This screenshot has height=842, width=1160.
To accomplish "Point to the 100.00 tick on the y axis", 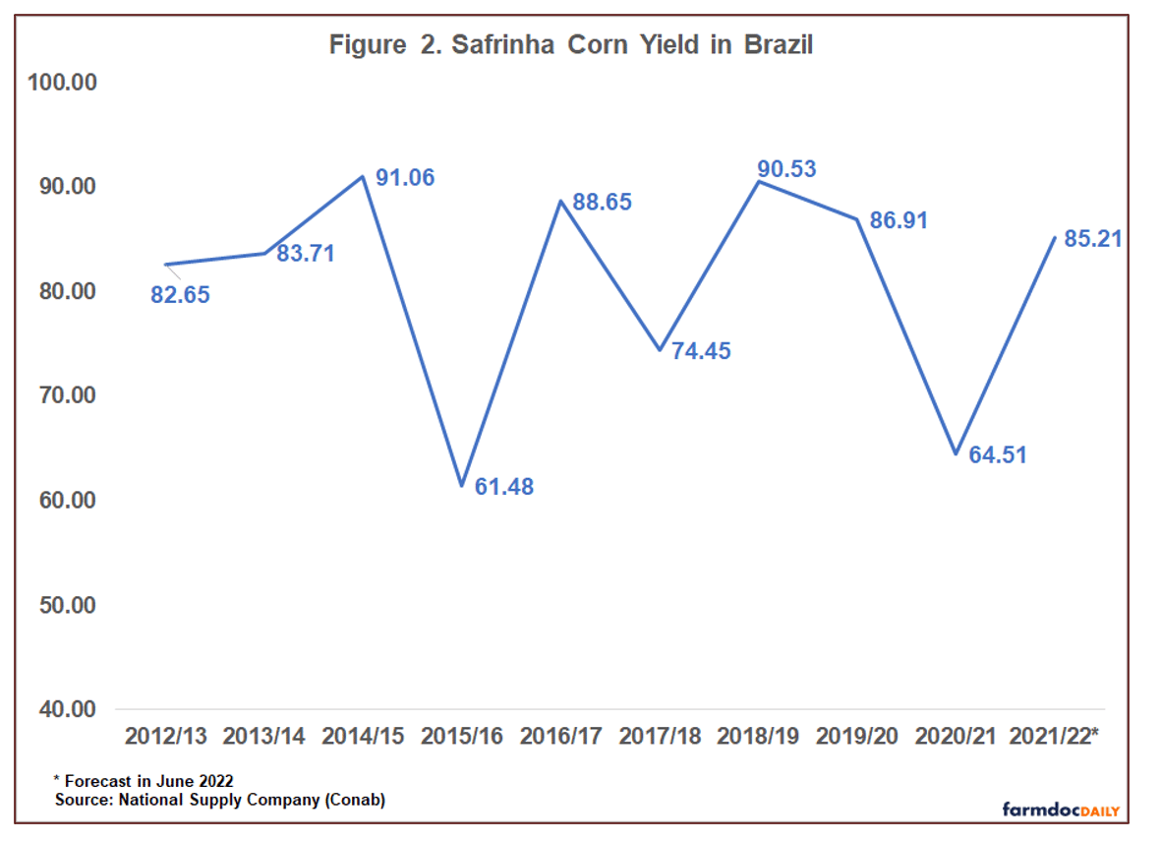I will pyautogui.click(x=62, y=82).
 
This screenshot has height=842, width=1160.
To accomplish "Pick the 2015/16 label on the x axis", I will pyautogui.click(x=461, y=737).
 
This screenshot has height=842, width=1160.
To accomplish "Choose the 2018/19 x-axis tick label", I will pyautogui.click(x=758, y=737).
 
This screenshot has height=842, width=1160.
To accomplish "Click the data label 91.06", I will pyautogui.click(x=405, y=178).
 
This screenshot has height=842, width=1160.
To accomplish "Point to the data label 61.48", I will pyautogui.click(x=504, y=486).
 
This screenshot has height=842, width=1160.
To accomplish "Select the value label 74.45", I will pyautogui.click(x=701, y=351).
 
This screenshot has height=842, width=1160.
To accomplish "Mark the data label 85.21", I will pyautogui.click(x=1094, y=238).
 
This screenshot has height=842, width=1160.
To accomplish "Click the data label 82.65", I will pyautogui.click(x=180, y=294).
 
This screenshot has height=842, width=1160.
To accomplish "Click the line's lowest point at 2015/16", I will pyautogui.click(x=461, y=485).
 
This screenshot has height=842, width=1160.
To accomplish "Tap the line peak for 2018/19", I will pyautogui.click(x=758, y=181).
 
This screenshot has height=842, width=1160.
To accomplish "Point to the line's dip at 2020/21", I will pyautogui.click(x=956, y=453).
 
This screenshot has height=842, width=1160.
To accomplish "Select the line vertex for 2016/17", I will pyautogui.click(x=560, y=201).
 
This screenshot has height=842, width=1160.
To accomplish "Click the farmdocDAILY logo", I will pyautogui.click(x=1060, y=810).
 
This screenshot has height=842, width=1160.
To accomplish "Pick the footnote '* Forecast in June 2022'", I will pyautogui.click(x=144, y=781).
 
